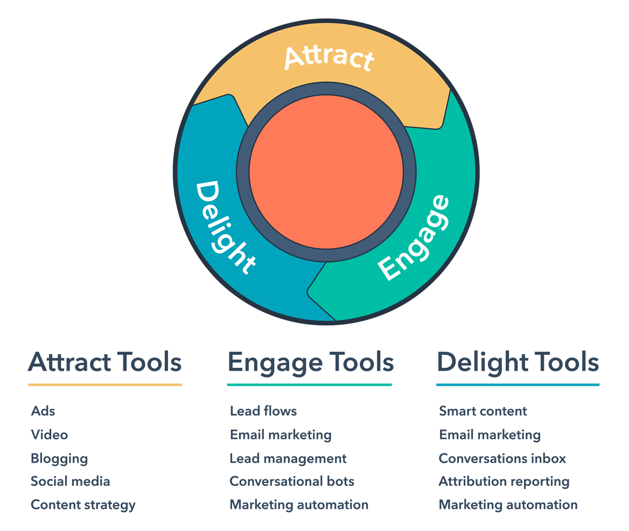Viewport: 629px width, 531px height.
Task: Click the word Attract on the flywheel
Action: [330, 58]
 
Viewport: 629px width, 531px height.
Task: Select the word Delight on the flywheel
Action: [225, 227]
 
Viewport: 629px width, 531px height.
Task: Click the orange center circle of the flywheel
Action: [326, 172]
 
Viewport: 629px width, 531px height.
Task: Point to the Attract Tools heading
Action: [105, 362]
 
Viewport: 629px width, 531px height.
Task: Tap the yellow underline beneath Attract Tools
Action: [105, 385]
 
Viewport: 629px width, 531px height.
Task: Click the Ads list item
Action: [43, 411]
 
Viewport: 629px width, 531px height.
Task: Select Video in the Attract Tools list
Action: [50, 435]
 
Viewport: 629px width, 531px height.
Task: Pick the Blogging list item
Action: [59, 459]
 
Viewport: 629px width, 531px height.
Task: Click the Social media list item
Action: [71, 481]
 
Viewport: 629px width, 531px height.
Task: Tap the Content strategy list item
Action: [83, 505]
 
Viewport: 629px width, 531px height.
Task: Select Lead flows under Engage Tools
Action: [263, 411]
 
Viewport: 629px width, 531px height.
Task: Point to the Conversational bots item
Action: [292, 481]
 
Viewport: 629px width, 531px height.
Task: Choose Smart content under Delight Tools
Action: [483, 411]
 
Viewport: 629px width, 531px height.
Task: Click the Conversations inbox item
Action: [502, 458]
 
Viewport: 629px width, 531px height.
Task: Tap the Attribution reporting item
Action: [504, 482]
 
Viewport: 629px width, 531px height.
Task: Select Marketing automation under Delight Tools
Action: [508, 505]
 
